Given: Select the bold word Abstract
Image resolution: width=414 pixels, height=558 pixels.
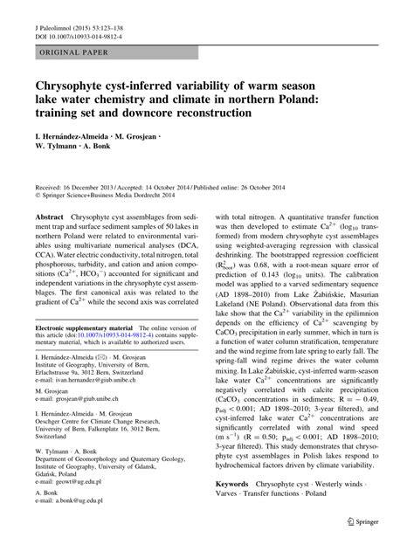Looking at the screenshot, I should (49, 216).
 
